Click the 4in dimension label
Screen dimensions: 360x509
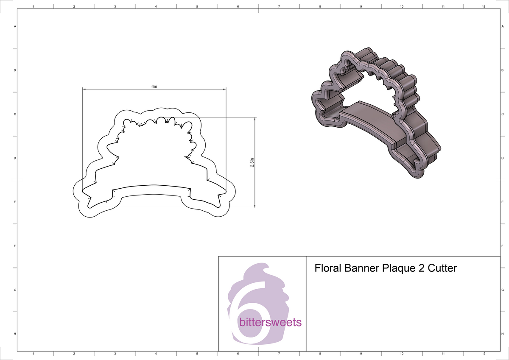(154, 86)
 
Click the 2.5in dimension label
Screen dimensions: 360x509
(252, 162)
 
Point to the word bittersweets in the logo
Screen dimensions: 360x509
(270, 323)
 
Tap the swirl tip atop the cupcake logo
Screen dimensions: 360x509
(266, 266)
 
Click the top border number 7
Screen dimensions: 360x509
(279, 7)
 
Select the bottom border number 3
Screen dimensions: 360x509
(115, 354)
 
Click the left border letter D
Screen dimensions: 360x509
(15, 158)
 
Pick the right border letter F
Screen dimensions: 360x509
(502, 246)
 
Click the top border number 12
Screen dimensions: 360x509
(484, 7)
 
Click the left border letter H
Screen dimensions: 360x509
(15, 334)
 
